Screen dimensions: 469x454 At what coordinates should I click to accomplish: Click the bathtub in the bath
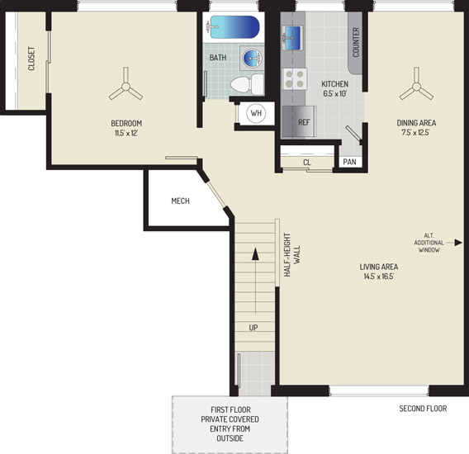pyautogui.click(x=234, y=27)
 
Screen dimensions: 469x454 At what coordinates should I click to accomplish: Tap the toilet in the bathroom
pyautogui.click(x=247, y=84)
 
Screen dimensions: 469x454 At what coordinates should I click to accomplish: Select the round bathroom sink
pyautogui.click(x=252, y=58)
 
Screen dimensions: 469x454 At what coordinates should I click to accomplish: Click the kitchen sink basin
pyautogui.click(x=292, y=38)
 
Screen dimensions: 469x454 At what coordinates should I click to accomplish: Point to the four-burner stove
pyautogui.click(x=295, y=78)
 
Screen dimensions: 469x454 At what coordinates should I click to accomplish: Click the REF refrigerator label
pyautogui.click(x=304, y=122)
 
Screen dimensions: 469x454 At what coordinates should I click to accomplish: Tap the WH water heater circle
pyautogui.click(x=256, y=113)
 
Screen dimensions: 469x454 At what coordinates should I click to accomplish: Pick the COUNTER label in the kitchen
pyautogui.click(x=356, y=42)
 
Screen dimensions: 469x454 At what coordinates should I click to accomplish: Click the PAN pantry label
pyautogui.click(x=349, y=162)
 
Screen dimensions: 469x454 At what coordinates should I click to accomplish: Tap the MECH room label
pyautogui.click(x=180, y=201)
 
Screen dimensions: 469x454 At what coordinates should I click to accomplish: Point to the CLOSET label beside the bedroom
pyautogui.click(x=31, y=59)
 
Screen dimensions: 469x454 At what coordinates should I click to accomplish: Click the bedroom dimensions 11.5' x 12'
pyautogui.click(x=126, y=133)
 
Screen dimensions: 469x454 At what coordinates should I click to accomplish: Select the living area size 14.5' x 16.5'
pyautogui.click(x=379, y=277)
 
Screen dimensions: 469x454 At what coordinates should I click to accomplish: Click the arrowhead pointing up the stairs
pyautogui.click(x=255, y=254)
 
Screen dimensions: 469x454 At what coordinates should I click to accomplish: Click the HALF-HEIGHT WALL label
pyautogui.click(x=292, y=254)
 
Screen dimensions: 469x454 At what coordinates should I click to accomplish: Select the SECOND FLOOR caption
pyautogui.click(x=423, y=409)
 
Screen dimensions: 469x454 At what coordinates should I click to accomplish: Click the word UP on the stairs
pyautogui.click(x=253, y=328)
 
